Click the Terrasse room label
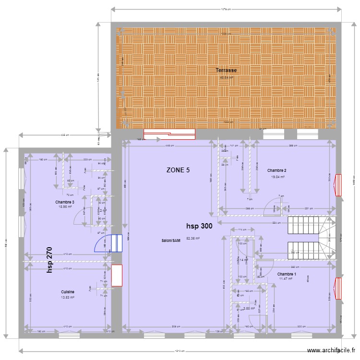pyautogui.click(x=226, y=70)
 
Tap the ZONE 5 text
pyautogui.click(x=178, y=170)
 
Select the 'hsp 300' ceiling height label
pyautogui.click(x=199, y=226)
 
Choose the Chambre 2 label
pyautogui.click(x=277, y=170)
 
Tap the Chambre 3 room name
pyautogui.click(x=65, y=202)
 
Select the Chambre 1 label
pyautogui.click(x=287, y=274)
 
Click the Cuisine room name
pyautogui.click(x=67, y=292)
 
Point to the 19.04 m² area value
pyautogui.click(x=278, y=177)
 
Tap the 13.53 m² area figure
pyautogui.click(x=67, y=298)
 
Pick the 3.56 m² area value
pyautogui.click(x=249, y=309)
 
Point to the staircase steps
pyautogui.click(x=303, y=237)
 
